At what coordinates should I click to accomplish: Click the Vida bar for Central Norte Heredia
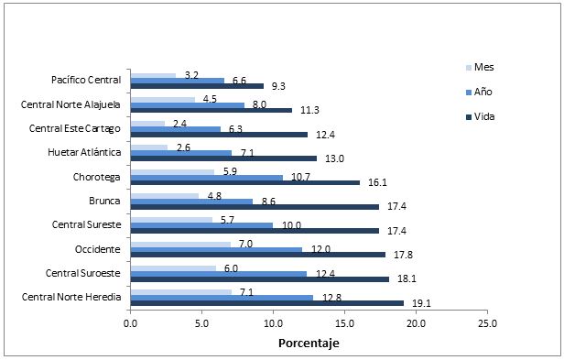[x=266, y=302]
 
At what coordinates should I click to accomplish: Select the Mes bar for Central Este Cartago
[x=147, y=123]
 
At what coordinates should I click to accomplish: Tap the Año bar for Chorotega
[x=207, y=177]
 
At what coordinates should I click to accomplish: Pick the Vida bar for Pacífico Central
[x=197, y=86]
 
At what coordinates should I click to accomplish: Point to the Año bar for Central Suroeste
[x=219, y=273]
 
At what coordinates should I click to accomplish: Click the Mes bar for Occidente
[x=180, y=244]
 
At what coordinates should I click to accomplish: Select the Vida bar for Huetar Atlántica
[x=223, y=158]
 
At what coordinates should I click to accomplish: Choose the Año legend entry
[x=483, y=92]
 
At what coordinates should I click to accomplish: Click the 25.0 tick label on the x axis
[x=487, y=322]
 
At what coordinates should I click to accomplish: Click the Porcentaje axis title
[x=309, y=344]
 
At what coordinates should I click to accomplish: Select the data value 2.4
[x=180, y=123]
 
